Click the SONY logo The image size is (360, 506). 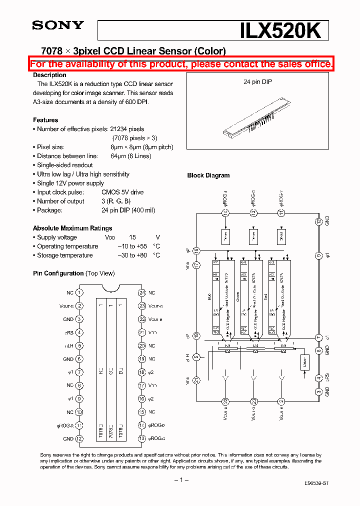click(58, 25)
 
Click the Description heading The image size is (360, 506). click(49, 75)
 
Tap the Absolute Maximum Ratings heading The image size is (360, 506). click(72, 228)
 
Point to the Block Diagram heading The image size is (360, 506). click(208, 175)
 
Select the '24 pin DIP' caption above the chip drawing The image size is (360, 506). click(257, 81)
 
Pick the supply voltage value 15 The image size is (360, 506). click(132, 237)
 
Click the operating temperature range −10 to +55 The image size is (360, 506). click(132, 246)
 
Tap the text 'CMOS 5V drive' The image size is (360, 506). click(122, 192)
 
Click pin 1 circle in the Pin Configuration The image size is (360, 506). click(79, 293)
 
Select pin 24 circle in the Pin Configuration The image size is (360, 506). click(142, 293)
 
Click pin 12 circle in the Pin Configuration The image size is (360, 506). click(79, 438)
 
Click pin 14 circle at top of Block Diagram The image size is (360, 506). click(225, 213)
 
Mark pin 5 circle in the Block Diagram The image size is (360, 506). click(196, 356)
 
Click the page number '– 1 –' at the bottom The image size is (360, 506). click(181, 480)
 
